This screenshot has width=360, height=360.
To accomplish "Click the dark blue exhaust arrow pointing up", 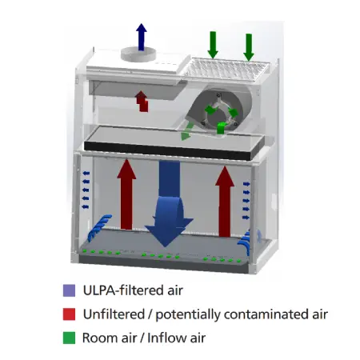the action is coord(142,37).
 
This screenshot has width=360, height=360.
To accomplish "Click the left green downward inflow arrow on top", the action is coord(213,45).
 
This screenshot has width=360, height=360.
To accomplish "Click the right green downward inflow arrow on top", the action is coord(249,47).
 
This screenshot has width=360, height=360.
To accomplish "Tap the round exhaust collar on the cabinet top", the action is coord(138,54).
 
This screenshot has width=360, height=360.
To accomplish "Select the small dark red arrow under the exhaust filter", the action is coord(142,102).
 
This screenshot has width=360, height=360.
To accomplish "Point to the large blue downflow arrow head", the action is coord(169,230).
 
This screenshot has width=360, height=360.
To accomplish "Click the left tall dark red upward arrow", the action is coord(126,194).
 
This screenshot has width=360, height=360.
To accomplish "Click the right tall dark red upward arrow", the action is coord(225,202).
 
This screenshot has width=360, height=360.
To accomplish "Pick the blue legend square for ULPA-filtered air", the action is coord(69,290).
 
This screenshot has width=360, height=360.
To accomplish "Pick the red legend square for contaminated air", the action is coord(69,314).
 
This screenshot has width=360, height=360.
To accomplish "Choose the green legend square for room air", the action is coord(69,338).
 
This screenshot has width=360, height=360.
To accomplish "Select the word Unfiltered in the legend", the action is coord(114,314).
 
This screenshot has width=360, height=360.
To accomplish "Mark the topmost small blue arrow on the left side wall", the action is coord(86,174).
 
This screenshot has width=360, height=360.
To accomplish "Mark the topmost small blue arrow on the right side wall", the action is coord(246,184).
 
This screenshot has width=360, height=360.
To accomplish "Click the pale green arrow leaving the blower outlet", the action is coord(186,132).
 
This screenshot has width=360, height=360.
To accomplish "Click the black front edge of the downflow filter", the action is coord(167,150).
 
